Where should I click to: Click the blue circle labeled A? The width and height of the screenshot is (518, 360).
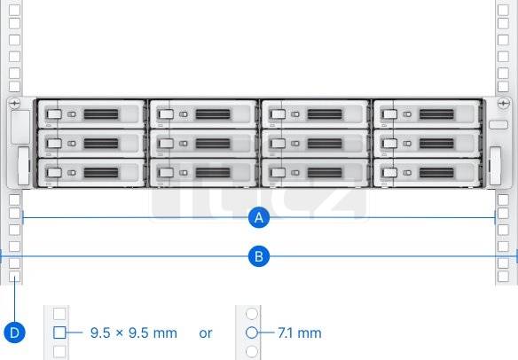[x=259, y=217]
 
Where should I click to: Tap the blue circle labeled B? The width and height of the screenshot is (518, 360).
[x=259, y=256]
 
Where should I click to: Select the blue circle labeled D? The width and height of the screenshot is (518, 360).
[x=14, y=333]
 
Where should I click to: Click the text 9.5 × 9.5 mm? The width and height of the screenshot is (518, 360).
[x=134, y=333]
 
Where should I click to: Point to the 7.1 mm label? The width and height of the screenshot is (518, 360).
[x=300, y=333]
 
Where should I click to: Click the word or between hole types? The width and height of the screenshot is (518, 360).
[x=206, y=333]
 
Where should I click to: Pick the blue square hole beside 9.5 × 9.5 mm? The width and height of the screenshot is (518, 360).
[x=59, y=333]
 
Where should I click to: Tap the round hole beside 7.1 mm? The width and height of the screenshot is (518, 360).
[x=252, y=333]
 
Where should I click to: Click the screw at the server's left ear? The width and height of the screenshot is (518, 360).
[x=14, y=104]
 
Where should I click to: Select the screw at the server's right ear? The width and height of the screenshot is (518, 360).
[x=503, y=104]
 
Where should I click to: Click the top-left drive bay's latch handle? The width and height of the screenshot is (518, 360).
[x=54, y=114]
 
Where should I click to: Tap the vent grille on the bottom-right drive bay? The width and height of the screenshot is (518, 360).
[x=436, y=173]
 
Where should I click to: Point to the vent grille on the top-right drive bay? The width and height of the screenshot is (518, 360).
[x=436, y=114]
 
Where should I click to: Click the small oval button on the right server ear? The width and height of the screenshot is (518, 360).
[x=498, y=125]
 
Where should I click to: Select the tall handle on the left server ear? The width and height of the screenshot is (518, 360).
[x=23, y=166]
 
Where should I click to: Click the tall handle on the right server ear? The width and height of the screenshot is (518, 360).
[x=495, y=166]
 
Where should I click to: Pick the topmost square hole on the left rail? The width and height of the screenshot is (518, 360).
[x=14, y=10]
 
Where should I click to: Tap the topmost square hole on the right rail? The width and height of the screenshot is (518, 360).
[x=503, y=10]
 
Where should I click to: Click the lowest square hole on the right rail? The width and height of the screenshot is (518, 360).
[x=503, y=277]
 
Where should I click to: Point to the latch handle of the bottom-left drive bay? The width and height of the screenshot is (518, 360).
[x=54, y=173]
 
